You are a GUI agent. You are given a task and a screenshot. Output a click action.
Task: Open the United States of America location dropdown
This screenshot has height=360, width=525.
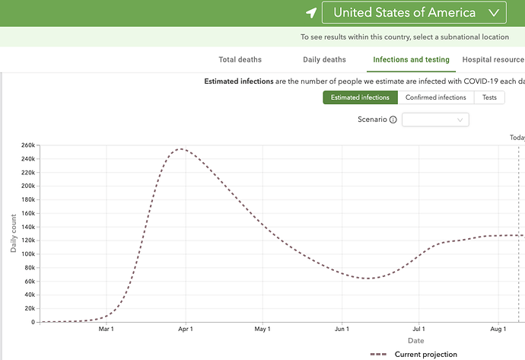point(414,13)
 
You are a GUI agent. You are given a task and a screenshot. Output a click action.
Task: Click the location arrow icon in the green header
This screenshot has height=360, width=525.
point(310,13)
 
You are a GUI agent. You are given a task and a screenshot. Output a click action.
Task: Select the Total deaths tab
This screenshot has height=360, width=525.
point(240,59)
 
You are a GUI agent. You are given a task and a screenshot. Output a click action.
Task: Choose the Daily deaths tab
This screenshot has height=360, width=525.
point(324,59)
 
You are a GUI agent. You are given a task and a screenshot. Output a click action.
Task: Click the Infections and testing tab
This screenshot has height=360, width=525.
point(411,59)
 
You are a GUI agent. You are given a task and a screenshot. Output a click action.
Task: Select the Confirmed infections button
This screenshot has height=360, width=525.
point(435,97)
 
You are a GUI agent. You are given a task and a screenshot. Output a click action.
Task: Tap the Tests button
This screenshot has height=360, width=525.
point(489,97)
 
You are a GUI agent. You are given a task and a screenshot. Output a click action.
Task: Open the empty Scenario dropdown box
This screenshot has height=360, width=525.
point(435,119)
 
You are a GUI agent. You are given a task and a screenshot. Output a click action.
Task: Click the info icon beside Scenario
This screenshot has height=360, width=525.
point(393,119)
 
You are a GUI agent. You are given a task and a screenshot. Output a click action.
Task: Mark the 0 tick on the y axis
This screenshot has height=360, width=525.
point(33,322)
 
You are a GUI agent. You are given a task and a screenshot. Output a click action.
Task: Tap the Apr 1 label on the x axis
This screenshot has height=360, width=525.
point(185,330)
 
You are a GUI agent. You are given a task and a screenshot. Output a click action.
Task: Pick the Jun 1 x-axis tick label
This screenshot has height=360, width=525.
point(341,330)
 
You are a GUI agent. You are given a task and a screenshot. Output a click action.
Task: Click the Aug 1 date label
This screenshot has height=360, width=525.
point(498,330)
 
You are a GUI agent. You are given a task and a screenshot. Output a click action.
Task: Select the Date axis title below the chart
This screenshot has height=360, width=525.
point(415,341)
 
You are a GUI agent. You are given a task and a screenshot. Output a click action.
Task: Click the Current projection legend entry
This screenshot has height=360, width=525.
point(414,354)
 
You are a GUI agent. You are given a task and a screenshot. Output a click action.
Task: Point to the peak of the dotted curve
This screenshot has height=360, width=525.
point(180,149)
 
